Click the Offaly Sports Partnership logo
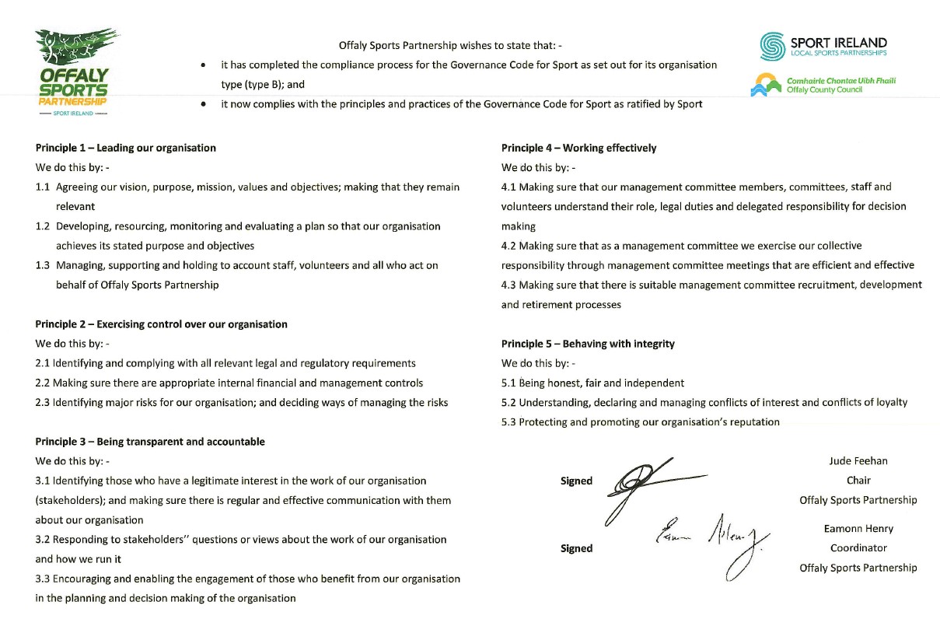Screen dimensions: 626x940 click(x=74, y=72)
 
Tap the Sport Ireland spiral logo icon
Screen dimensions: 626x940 click(x=771, y=46)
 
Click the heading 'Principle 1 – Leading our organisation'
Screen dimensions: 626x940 click(x=126, y=148)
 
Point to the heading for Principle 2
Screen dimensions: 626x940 click(x=161, y=324)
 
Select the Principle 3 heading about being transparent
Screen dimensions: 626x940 click(x=150, y=442)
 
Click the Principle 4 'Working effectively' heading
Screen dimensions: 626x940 click(x=578, y=148)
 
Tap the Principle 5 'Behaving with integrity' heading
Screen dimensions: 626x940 click(x=588, y=344)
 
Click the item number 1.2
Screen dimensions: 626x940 click(x=43, y=226)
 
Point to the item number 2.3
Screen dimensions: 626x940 click(x=43, y=403)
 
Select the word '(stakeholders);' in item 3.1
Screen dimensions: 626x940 click(x=72, y=501)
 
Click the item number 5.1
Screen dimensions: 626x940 click(x=508, y=383)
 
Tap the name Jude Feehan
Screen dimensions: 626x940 click(x=858, y=461)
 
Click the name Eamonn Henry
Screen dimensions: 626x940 click(x=858, y=529)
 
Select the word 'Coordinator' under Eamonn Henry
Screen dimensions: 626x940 click(x=858, y=548)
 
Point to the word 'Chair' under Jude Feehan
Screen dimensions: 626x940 click(x=858, y=481)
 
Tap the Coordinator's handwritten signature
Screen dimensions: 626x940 click(x=711, y=540)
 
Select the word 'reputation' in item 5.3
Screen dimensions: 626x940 click(x=752, y=422)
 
